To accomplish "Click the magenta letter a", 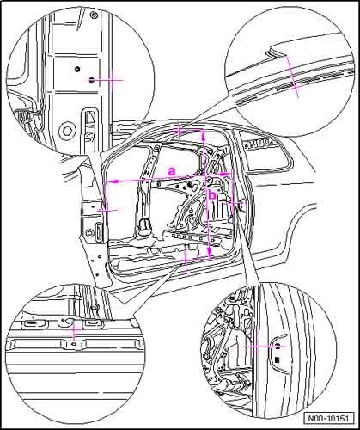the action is coord(172,171).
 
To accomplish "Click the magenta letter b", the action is coord(213,195).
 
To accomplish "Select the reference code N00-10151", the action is coord(328,418).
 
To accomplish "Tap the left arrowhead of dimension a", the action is coord(114,181).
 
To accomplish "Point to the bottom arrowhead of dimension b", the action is coord(210,252).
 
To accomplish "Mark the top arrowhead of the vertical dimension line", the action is coord(204,135).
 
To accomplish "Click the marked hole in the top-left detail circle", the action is coord(91,80).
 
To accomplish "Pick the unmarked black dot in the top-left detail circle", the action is coord(77,69).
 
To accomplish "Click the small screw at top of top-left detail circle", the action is coord(93,15).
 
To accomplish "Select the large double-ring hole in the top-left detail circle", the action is coord(67,132).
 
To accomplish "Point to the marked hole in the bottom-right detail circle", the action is coord(278,347).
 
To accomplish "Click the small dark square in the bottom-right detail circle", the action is coord(277,359).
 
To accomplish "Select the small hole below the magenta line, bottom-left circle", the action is coord(74,343).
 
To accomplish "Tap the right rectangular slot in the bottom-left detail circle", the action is coord(92,322).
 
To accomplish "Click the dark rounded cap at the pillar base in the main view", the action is coord(145,225).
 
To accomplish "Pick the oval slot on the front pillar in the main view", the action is coord(99,230).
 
